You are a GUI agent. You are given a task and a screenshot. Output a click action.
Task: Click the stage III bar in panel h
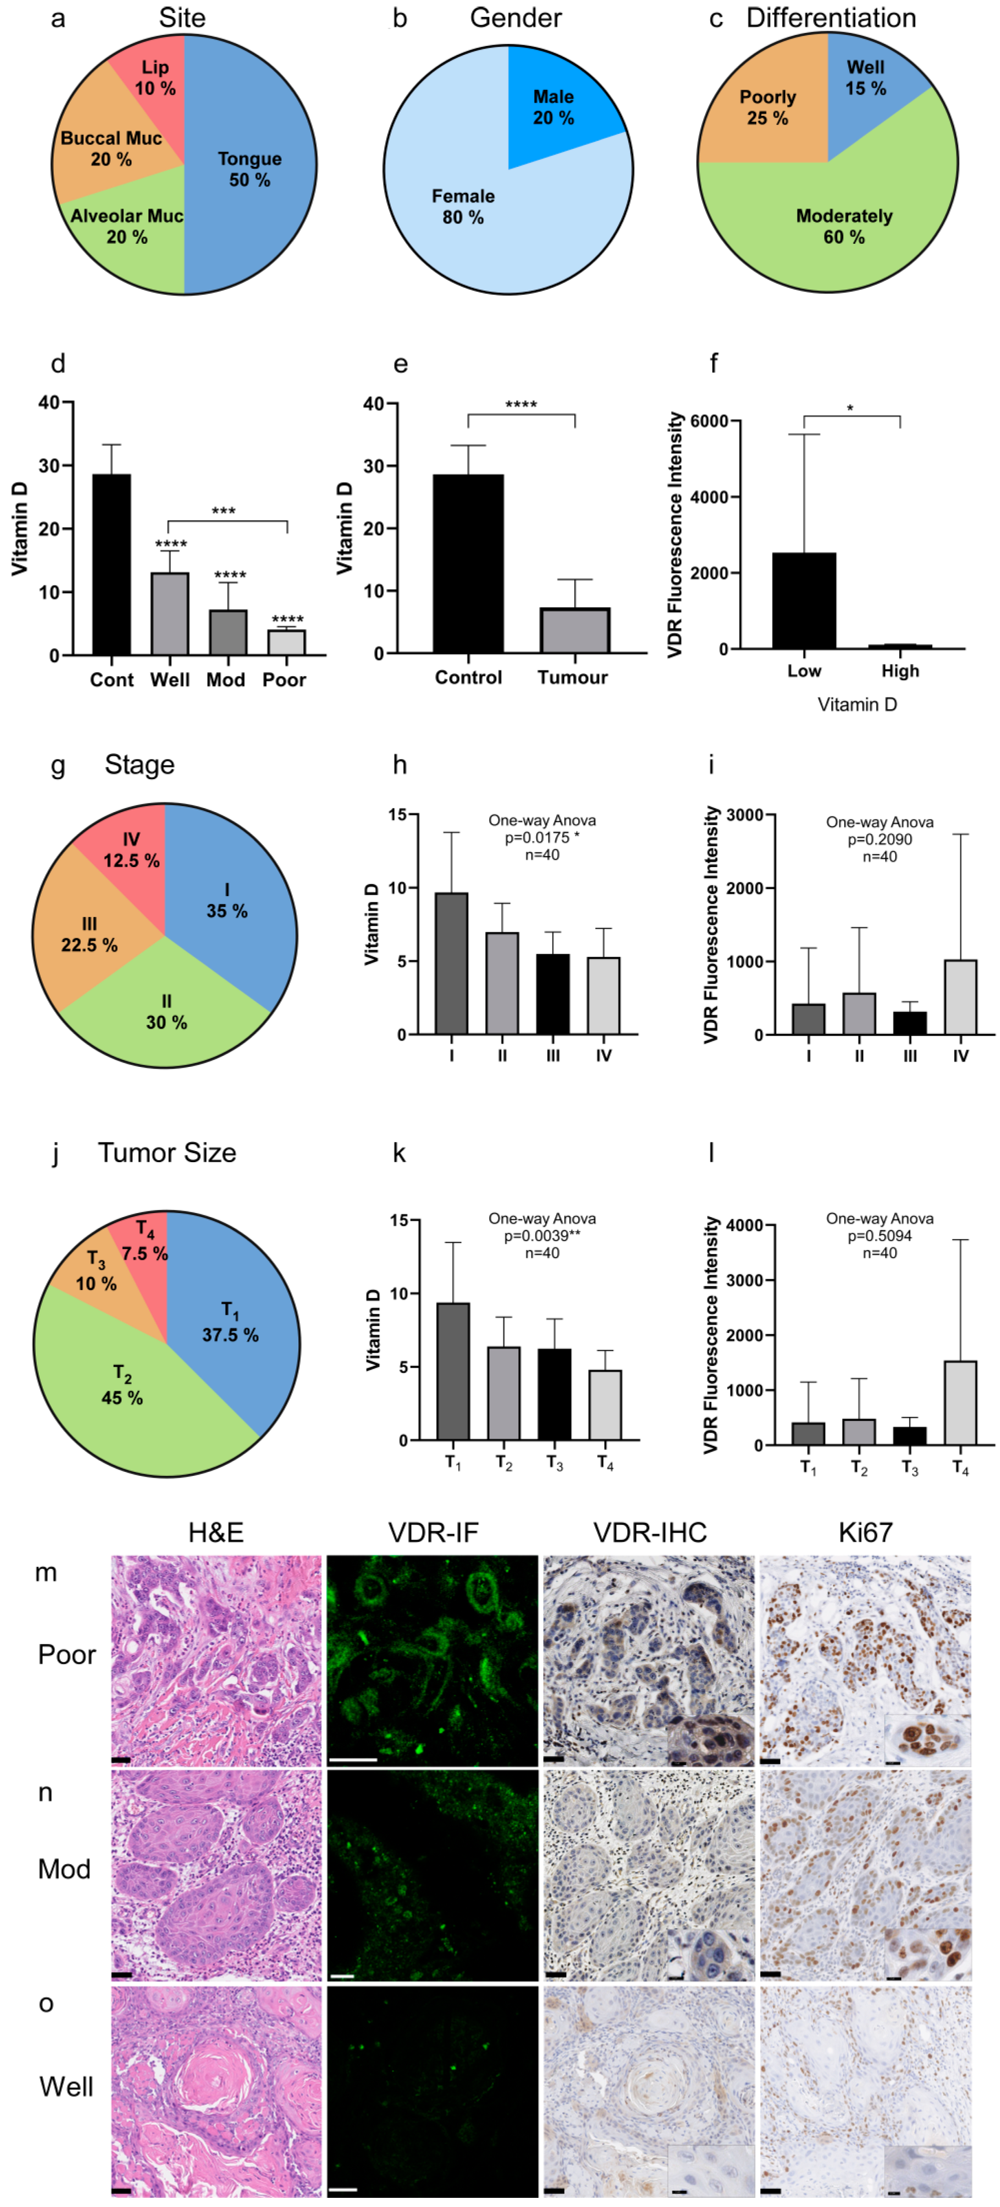(553, 994)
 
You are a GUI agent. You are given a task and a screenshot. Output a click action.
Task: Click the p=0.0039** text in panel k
(542, 1235)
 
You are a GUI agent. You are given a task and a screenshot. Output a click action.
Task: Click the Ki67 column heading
(865, 1532)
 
